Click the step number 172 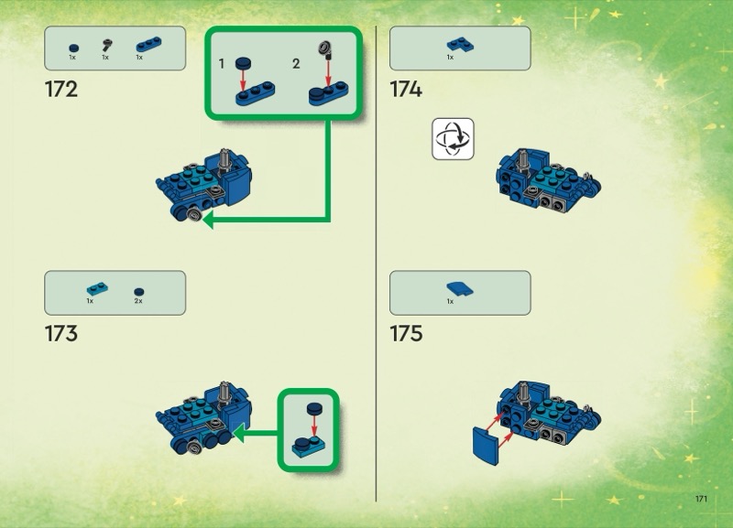61,89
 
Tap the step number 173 61,333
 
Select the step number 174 406,89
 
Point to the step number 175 406,333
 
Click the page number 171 701,499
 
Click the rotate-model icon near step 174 453,139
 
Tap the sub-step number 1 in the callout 222,63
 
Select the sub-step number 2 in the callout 296,63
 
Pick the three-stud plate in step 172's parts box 148,44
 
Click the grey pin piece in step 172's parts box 107,45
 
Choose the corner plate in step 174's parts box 460,44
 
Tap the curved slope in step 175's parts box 460,289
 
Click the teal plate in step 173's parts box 97,288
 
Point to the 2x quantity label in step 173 138,301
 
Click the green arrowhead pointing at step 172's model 208,220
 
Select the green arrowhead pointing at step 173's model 238,433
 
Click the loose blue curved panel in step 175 486,446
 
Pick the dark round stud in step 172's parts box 74,48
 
